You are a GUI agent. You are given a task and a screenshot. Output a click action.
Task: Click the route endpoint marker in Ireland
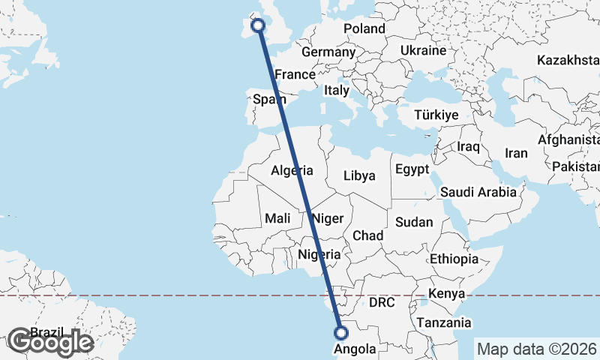point(258,25)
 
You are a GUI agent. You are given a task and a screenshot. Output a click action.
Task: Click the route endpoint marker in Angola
point(341,333)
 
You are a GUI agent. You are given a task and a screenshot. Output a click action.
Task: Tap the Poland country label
point(364,29)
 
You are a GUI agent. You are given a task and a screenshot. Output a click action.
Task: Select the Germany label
point(328,52)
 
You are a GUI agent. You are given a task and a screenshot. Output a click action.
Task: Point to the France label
point(295,75)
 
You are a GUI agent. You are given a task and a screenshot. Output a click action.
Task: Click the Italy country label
point(337,90)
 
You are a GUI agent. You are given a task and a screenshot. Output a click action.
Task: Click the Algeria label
point(291,170)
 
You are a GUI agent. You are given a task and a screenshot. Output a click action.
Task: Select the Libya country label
point(358,176)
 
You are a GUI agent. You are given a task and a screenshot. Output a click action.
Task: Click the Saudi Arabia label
point(478,192)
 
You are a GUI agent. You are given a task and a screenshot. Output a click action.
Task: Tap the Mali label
point(277,219)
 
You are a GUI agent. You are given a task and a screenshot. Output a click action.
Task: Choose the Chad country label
point(367,235)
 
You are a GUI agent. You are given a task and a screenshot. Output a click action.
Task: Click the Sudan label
point(414,222)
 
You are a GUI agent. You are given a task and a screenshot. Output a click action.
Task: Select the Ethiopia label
point(454,259)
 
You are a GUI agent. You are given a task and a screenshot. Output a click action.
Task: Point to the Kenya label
point(447,293)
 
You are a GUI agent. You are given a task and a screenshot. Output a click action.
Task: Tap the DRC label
point(382,302)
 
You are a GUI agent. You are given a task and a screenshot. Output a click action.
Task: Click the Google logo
point(50,342)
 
